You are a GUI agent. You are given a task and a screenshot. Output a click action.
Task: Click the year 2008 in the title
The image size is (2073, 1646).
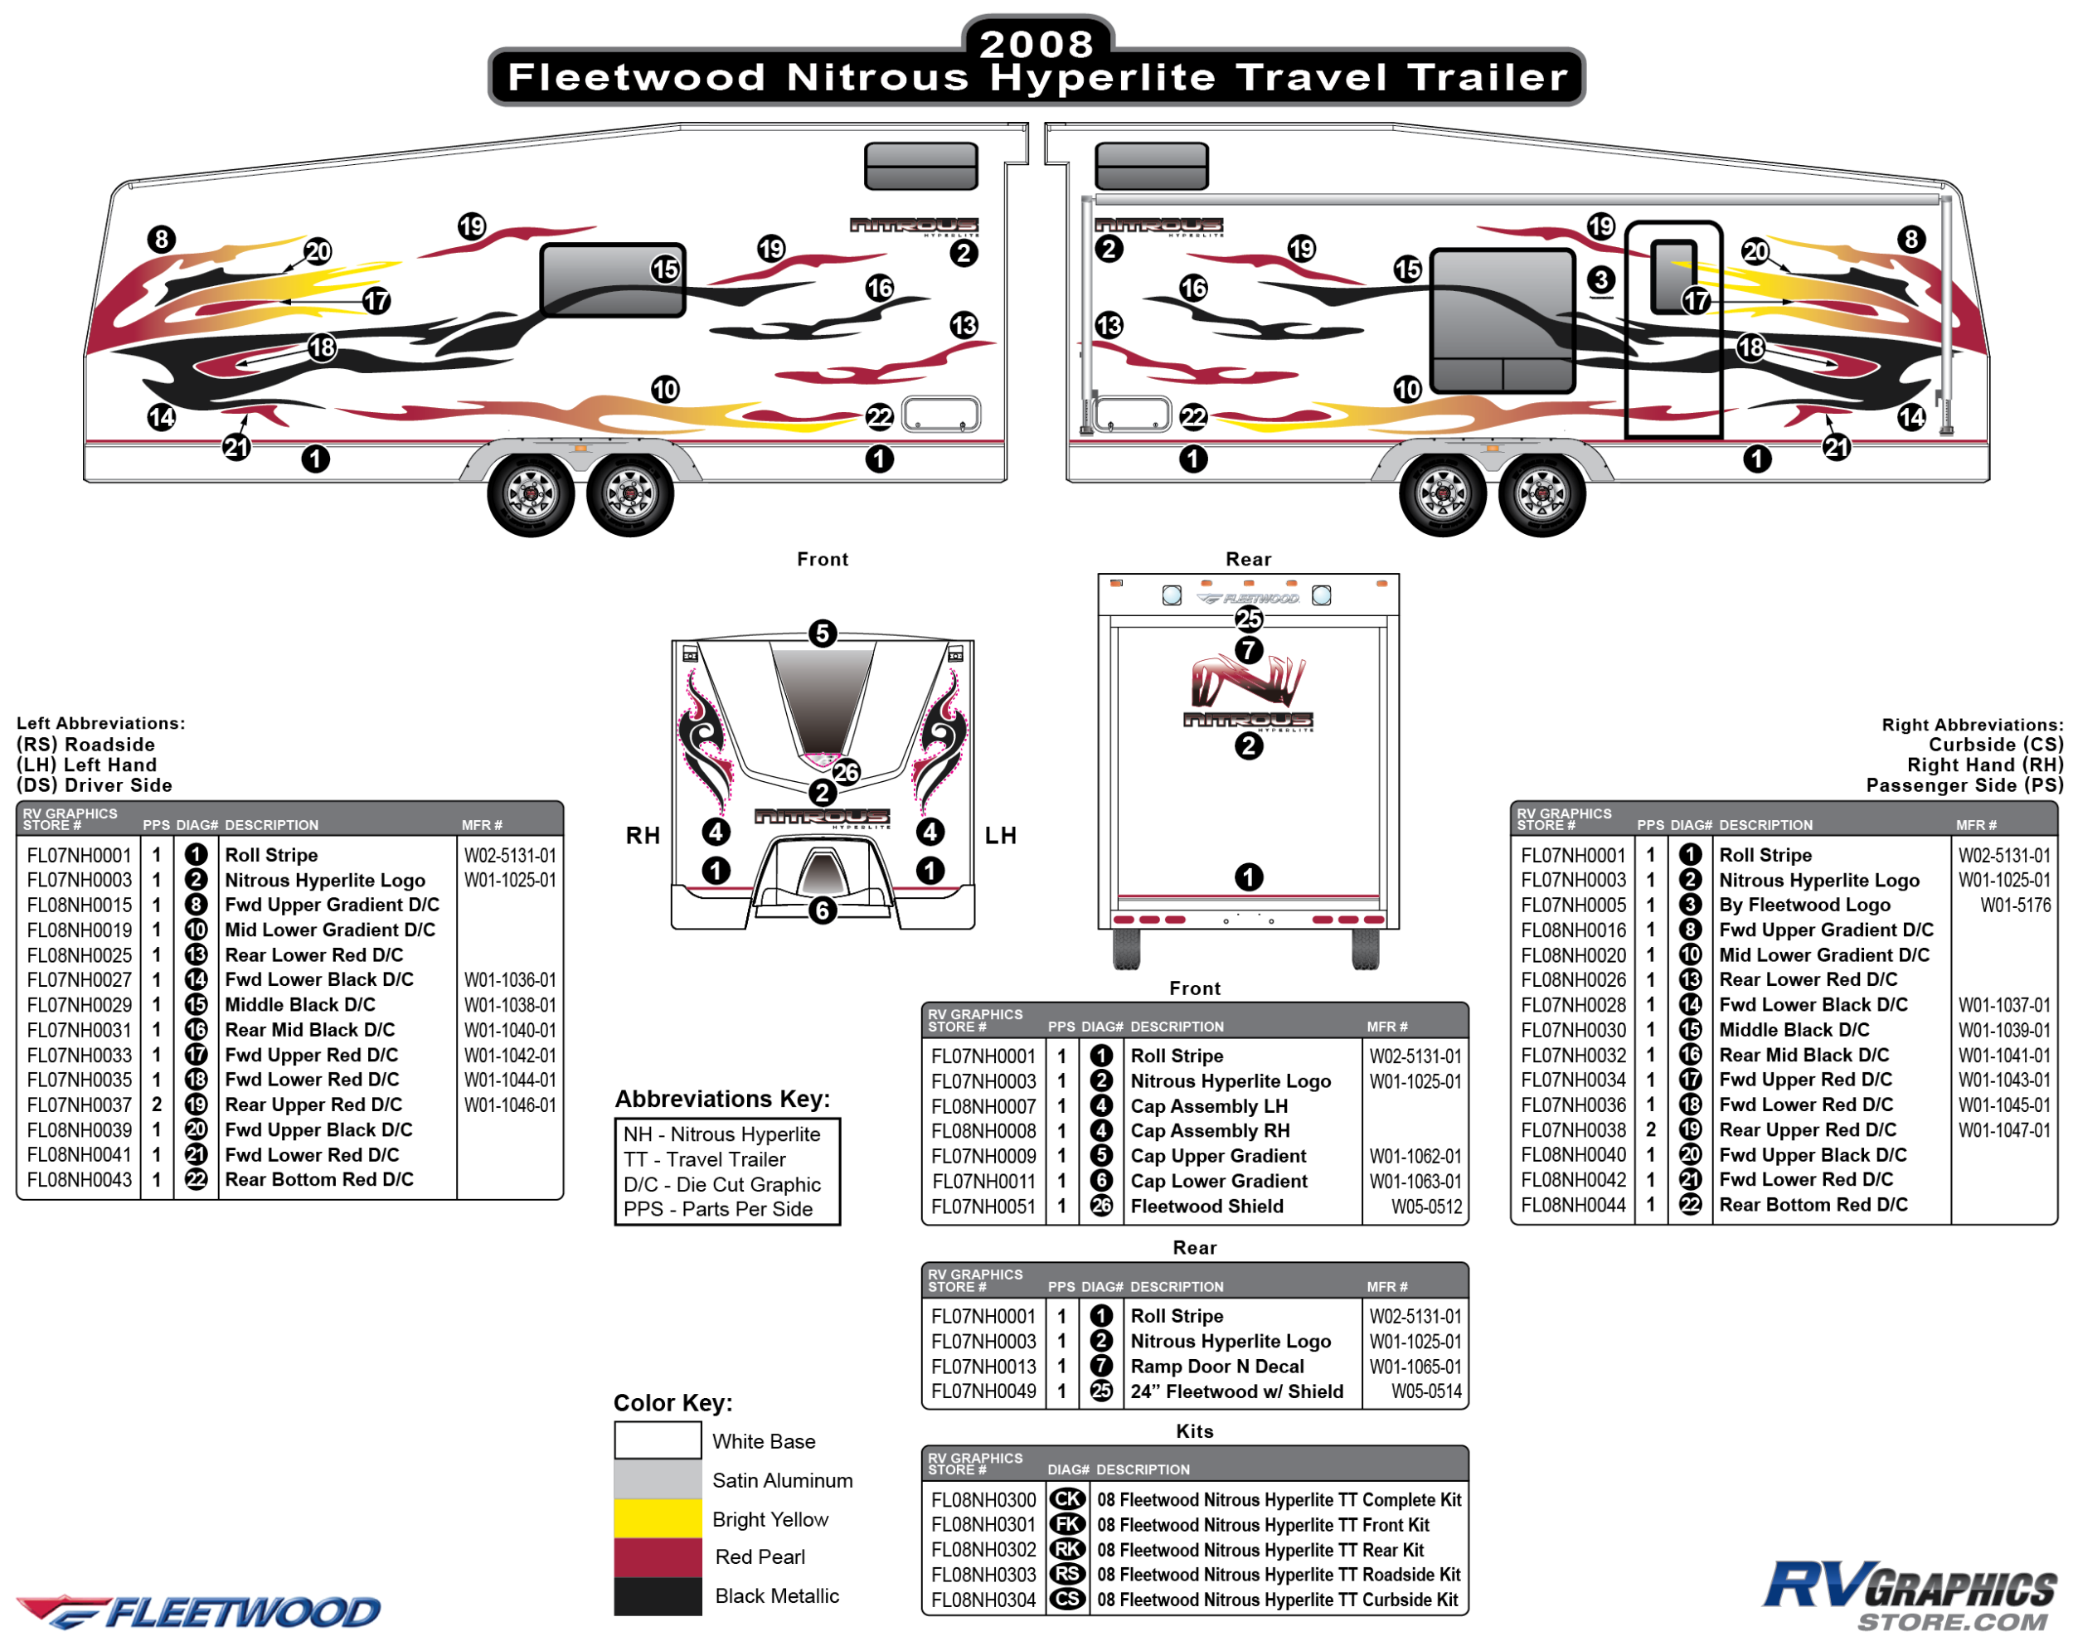click(x=1036, y=43)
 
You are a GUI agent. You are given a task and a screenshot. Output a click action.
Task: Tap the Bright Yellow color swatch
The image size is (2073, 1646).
click(x=658, y=1518)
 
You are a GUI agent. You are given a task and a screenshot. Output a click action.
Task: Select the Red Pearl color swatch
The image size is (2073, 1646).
click(x=658, y=1556)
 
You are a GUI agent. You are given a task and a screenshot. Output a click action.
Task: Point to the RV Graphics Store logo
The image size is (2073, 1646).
click(x=1908, y=1596)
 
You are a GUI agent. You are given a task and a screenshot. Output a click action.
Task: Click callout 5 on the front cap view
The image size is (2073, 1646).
click(x=822, y=634)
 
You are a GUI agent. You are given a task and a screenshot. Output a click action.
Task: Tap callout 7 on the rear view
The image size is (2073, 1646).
click(x=1248, y=650)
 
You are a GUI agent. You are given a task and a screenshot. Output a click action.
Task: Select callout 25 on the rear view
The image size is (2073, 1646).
click(x=1248, y=619)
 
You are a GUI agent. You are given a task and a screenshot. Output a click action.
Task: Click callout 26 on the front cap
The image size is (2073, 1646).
click(x=846, y=771)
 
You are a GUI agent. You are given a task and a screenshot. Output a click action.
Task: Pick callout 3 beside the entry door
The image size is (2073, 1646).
click(x=1600, y=279)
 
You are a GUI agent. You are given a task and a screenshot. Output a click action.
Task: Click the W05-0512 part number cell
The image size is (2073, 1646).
click(x=1427, y=1206)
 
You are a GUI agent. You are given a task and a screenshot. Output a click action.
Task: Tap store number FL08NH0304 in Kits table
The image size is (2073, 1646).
click(x=983, y=1600)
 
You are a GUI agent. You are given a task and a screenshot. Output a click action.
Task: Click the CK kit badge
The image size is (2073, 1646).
click(x=1067, y=1499)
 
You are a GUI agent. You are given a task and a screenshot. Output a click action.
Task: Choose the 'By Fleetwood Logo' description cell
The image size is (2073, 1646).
click(x=1804, y=905)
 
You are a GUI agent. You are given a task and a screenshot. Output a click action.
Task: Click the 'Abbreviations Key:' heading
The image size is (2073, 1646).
click(x=722, y=1099)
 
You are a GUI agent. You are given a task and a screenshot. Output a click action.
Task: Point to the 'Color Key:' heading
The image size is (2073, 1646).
click(x=673, y=1403)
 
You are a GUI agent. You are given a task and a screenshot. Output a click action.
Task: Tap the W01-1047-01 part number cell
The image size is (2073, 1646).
click(x=2004, y=1129)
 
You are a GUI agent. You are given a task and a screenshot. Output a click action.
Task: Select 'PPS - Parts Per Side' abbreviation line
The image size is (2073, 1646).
click(x=717, y=1208)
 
